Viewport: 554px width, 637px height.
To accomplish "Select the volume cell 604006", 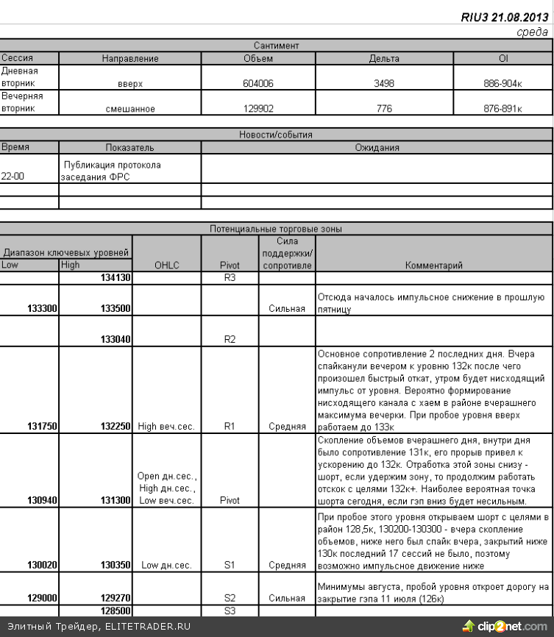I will coord(258,84).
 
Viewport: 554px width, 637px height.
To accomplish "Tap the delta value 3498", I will coord(384,84).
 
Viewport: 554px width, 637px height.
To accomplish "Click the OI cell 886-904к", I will coord(503,84).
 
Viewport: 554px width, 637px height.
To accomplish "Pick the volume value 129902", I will coord(258,109).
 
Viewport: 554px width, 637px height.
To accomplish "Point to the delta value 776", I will coord(384,109).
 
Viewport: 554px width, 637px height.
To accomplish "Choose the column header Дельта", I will coord(384,58).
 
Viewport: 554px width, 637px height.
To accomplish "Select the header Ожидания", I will coord(376,148).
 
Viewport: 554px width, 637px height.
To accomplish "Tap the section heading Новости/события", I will coord(276,135).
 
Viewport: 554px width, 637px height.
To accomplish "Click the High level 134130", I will coord(115,278).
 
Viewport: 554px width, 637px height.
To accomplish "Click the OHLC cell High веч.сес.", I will coord(165,425).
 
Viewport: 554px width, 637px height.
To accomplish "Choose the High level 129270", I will coord(115,598).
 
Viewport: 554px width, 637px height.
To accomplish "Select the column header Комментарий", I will coord(434,265).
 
